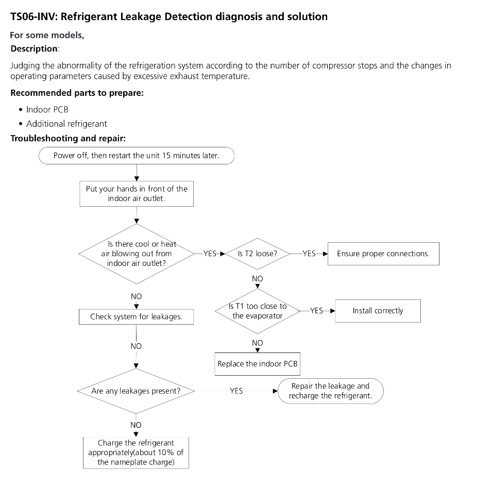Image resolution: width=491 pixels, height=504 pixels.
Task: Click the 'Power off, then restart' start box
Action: click(x=137, y=156)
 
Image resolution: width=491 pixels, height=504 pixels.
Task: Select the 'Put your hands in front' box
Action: click(x=137, y=193)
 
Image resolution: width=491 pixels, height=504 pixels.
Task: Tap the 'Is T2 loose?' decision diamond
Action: click(x=258, y=254)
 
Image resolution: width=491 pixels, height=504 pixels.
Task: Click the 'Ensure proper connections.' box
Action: click(x=383, y=254)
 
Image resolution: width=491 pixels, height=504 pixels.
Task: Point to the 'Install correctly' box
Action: click(x=378, y=311)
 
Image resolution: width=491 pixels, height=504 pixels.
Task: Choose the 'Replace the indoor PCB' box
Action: click(x=258, y=364)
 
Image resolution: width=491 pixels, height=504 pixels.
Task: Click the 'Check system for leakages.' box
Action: click(x=136, y=317)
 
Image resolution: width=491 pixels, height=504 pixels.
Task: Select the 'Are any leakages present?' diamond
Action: click(x=136, y=391)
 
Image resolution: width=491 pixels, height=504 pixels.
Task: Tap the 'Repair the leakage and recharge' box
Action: click(x=330, y=391)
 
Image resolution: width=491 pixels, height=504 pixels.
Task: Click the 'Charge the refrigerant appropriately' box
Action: click(x=136, y=452)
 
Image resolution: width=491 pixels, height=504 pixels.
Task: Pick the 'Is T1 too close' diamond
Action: click(x=258, y=311)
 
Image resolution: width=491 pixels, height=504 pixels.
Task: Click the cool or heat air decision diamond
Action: click(x=136, y=254)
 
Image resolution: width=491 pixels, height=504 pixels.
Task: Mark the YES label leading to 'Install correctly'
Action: click(x=316, y=311)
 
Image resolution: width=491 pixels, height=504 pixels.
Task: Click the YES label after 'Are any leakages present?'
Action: click(x=236, y=391)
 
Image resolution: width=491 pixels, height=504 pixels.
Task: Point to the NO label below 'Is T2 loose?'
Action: click(x=258, y=279)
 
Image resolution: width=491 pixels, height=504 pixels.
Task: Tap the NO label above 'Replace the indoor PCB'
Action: click(x=258, y=343)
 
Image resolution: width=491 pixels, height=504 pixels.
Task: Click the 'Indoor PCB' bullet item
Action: click(x=47, y=110)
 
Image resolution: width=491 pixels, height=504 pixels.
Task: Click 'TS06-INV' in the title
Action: click(x=33, y=16)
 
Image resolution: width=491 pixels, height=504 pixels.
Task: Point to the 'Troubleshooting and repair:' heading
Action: click(x=68, y=139)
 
